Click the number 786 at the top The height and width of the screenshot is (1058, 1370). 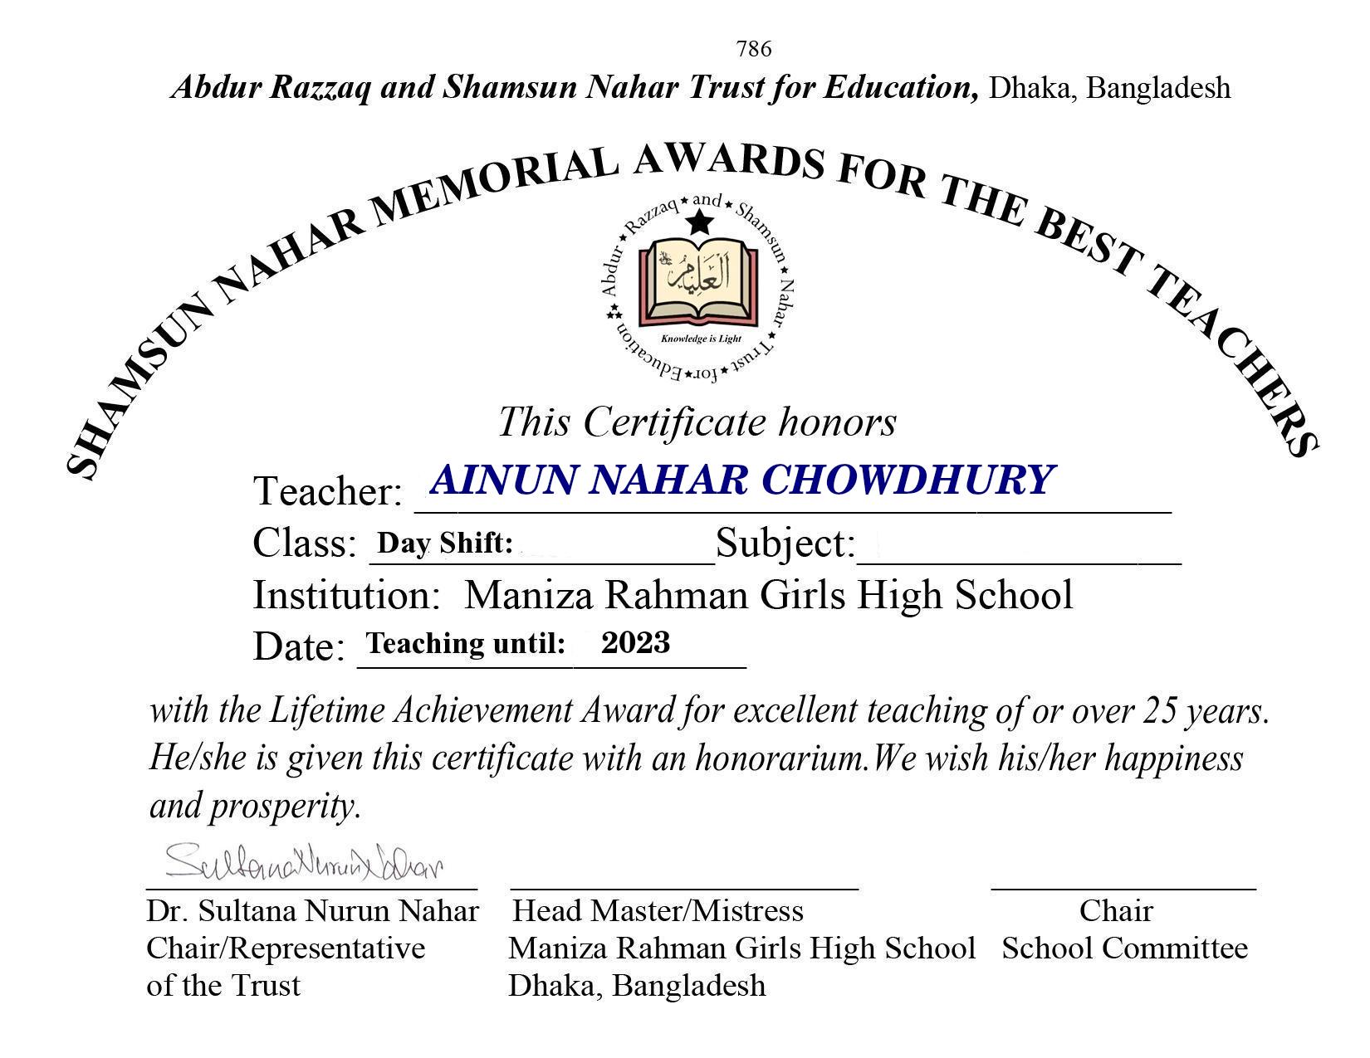753,49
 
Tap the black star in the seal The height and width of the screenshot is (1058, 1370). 700,222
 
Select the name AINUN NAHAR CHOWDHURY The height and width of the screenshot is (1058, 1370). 741,480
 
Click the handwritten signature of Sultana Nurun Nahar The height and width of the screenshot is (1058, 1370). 304,862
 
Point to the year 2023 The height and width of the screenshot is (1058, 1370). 635,642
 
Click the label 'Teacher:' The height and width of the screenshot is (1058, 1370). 327,491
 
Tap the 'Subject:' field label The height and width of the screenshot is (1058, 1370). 785,544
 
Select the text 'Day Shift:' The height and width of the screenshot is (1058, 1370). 444,543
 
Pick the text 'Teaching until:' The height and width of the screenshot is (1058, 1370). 466,643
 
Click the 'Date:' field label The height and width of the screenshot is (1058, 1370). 298,646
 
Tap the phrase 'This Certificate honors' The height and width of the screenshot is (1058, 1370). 697,422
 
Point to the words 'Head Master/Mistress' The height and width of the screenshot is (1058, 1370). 658,911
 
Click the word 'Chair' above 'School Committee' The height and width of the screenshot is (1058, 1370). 1115,911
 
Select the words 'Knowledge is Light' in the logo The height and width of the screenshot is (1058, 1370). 701,339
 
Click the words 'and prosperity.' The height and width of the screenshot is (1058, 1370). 256,805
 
